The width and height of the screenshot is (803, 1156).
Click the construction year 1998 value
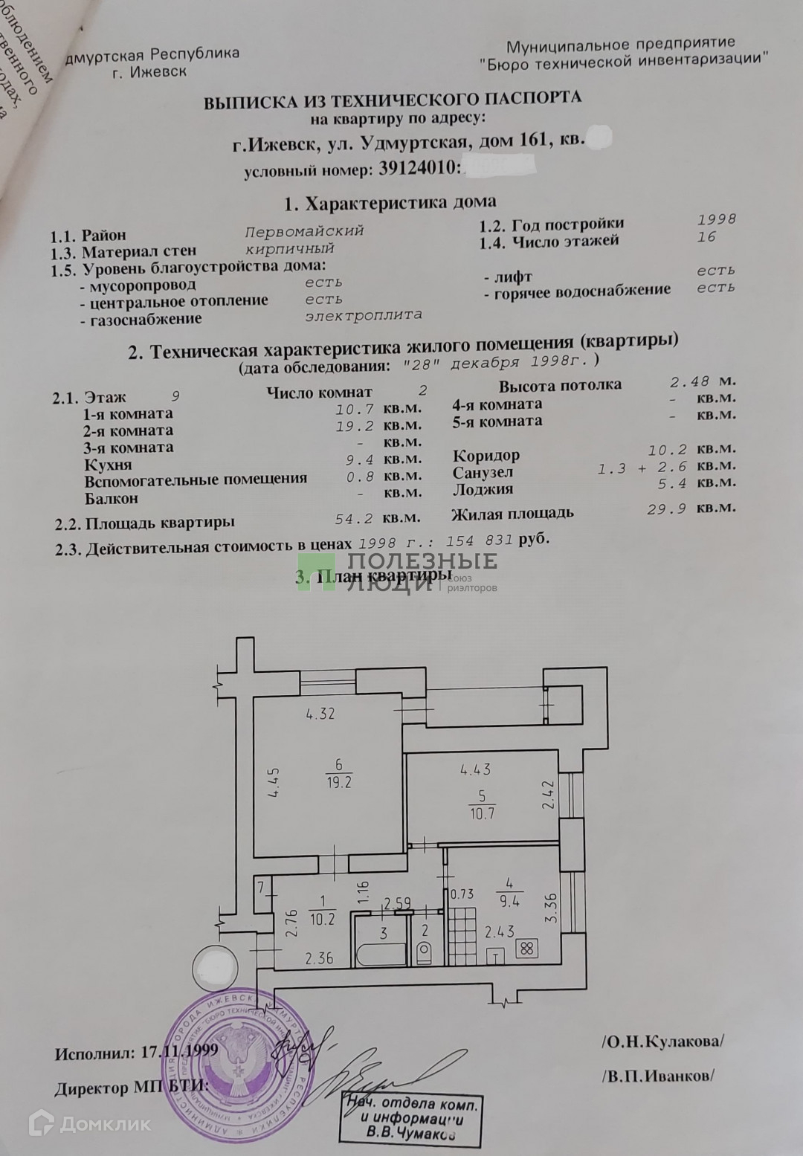coord(716,219)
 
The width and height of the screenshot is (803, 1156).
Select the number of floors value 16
coord(706,236)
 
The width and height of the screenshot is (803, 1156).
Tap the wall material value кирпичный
coord(289,249)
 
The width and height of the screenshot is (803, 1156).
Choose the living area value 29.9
coord(666,509)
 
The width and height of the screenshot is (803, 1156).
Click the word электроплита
coord(363,315)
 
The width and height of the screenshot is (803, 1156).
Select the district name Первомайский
coord(304,231)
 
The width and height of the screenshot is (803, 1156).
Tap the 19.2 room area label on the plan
coord(338,783)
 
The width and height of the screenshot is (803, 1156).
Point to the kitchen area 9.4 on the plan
coord(509,902)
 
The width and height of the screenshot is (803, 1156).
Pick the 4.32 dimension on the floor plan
coord(320,714)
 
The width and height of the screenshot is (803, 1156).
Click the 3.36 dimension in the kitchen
coord(550,907)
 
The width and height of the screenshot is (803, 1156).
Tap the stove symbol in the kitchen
coord(527,949)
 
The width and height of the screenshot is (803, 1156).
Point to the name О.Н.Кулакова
coord(662,1041)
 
